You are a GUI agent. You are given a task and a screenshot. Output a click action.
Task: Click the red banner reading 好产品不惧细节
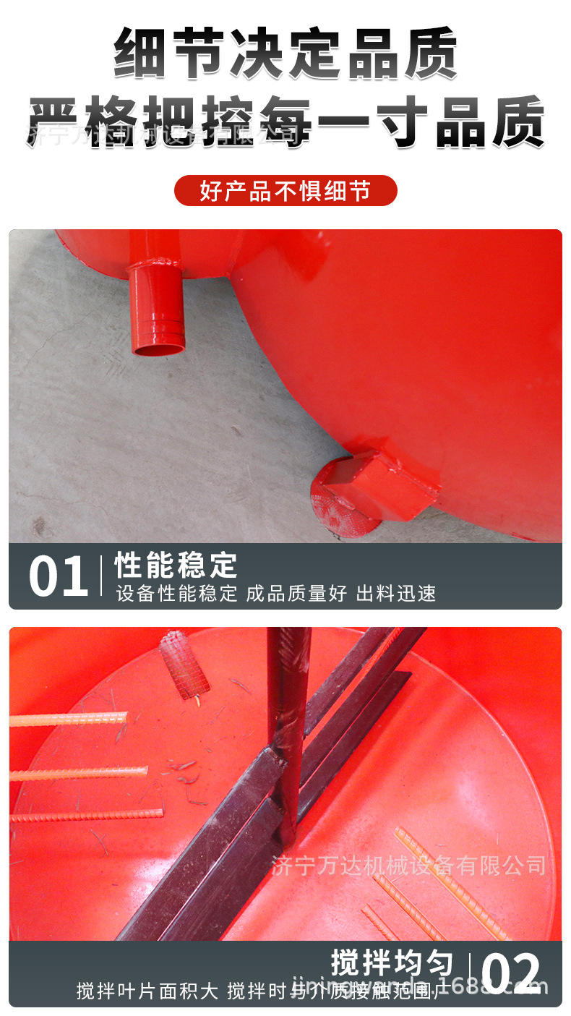click(x=285, y=191)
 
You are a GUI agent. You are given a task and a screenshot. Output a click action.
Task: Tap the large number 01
click(x=58, y=577)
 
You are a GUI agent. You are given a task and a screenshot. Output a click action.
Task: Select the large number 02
click(x=510, y=974)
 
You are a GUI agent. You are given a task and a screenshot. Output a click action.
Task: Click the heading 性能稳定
click(x=176, y=565)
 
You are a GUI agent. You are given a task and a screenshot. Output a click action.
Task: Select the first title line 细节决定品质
click(x=285, y=54)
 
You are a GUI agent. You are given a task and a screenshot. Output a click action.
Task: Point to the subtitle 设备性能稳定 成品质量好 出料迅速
click(x=276, y=594)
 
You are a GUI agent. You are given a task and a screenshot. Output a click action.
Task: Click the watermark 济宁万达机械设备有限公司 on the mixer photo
click(x=409, y=865)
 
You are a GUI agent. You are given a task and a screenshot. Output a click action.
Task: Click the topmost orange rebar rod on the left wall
click(x=69, y=720)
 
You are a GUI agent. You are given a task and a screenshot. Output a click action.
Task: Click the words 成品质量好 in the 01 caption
click(x=296, y=594)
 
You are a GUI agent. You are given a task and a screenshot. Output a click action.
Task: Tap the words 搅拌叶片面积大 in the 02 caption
click(x=147, y=991)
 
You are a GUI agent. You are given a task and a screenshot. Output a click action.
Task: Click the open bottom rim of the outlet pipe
click(x=158, y=350)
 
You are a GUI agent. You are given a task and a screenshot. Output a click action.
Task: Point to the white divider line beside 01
click(x=100, y=576)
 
